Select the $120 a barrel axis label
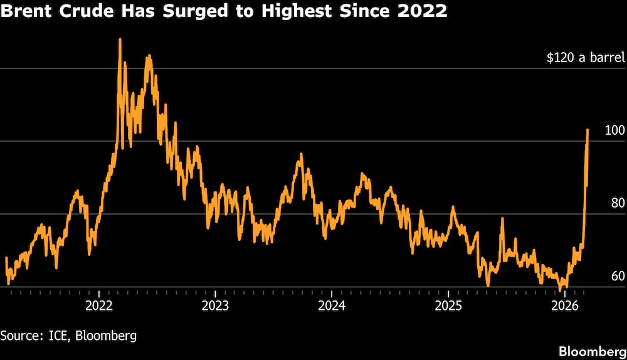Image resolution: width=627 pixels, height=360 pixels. pos(586,58)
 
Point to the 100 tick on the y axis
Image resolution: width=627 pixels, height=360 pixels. pos(615,130)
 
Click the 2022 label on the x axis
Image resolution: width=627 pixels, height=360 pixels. pos(98,305)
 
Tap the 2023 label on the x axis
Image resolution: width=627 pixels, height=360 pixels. pos(215,305)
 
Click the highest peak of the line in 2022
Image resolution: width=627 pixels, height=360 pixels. pos(120,40)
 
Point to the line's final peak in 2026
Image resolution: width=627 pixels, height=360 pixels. pos(587,129)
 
